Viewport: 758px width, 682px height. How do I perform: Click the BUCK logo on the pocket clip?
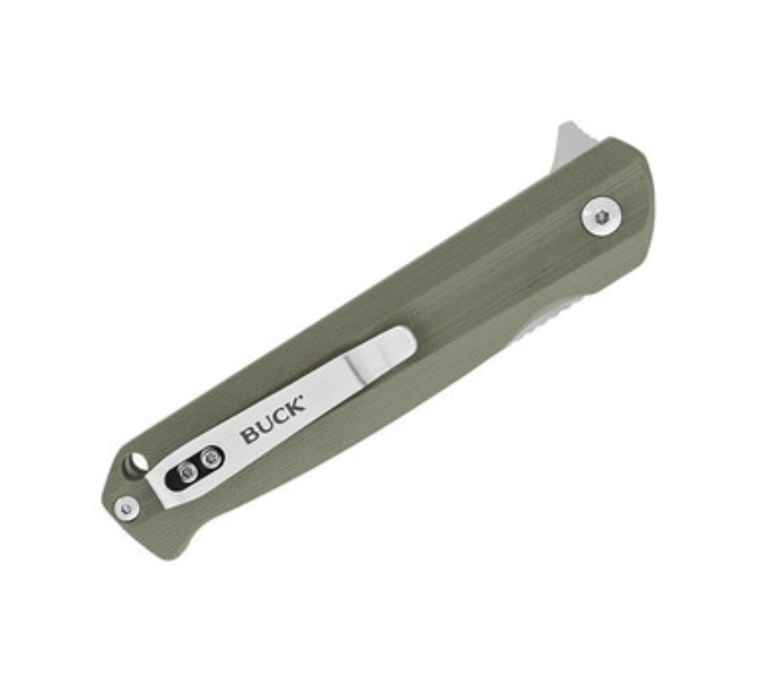point(273,420)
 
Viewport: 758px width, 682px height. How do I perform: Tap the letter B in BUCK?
point(250,434)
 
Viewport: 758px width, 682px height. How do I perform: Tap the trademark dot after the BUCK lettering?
point(304,397)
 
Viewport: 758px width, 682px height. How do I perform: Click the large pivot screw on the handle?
point(602,217)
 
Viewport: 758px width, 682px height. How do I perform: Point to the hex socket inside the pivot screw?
point(602,217)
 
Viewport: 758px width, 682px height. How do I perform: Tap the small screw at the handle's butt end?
point(127,508)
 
